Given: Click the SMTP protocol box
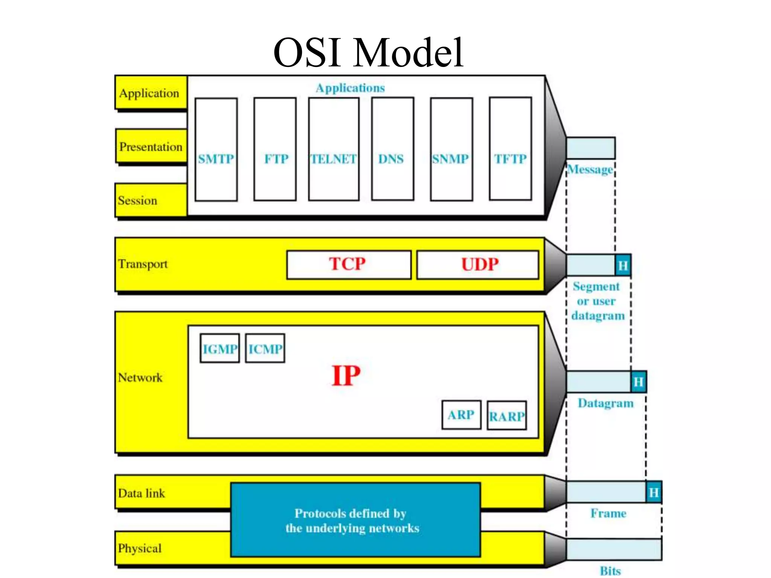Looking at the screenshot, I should pos(216,149).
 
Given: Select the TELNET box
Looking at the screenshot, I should pos(334,149).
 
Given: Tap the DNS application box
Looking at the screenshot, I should pos(392,149).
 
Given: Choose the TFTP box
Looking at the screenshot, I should pos(510,149).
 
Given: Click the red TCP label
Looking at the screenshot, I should pos(347,264).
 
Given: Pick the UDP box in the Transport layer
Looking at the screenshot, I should pos(478,265).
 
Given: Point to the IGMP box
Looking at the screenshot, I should pos(220,348).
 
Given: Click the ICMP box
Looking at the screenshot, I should pos(265,348).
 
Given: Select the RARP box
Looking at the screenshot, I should pos(507,416).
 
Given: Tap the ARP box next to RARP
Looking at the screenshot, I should pos(461,415).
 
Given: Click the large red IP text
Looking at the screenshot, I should pos(346,376).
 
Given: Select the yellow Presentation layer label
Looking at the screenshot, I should pos(151,146).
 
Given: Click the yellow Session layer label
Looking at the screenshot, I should pos(151,200).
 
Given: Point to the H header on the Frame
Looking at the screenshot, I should pos(654,492).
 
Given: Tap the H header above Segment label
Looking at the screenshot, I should pos(623,266).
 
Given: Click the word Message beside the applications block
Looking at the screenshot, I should pos(590,170).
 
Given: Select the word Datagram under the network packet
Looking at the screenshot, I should pos(605,403).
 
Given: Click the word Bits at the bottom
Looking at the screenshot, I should pos(610,570).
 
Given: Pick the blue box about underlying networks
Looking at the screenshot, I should pos(355,520).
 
